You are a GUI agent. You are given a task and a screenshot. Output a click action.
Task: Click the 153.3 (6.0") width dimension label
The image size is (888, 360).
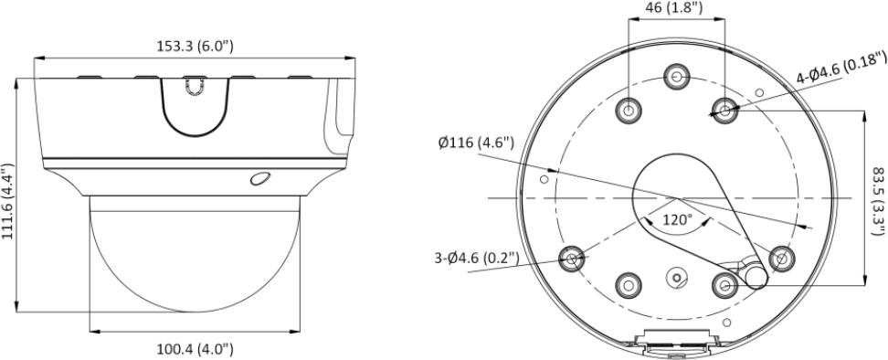click(195, 46)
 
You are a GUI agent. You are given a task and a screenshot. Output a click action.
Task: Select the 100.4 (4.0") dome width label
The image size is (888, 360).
click(195, 349)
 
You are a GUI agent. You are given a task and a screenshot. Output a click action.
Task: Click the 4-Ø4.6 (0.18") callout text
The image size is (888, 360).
click(841, 66)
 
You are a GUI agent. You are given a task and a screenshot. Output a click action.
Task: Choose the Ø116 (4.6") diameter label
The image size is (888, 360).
click(476, 143)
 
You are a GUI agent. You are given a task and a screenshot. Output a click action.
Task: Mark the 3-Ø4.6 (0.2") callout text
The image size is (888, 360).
click(476, 258)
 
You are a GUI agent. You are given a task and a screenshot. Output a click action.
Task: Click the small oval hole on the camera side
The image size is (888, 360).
click(260, 178)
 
